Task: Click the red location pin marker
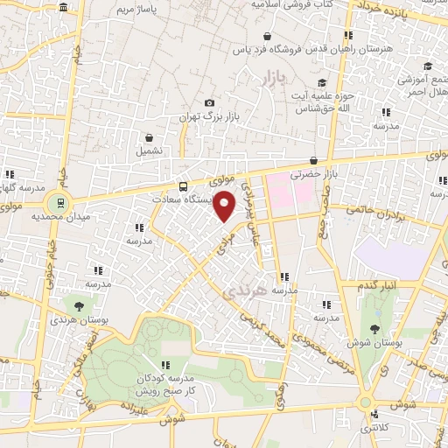[226, 206]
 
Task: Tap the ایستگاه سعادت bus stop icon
[182, 186]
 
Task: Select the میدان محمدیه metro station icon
[59, 201]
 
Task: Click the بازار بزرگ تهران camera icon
[208, 102]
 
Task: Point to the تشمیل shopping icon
[149, 137]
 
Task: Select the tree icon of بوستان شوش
[374, 330]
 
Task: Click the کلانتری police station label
[375, 428]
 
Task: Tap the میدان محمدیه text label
[61, 215]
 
